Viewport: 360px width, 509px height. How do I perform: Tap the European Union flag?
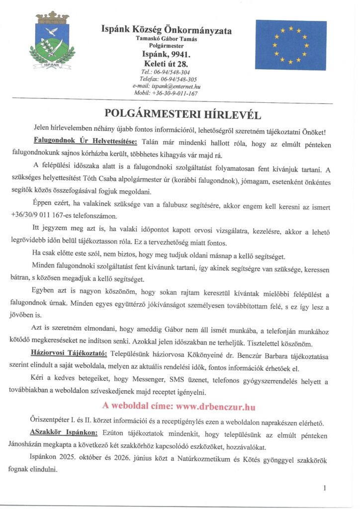coord(290,45)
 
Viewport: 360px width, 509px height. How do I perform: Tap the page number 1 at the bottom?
coord(324,488)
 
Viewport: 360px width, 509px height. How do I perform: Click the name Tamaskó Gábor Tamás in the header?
coord(166,39)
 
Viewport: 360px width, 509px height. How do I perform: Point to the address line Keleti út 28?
coord(166,64)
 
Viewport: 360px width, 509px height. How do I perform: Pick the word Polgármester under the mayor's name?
coord(166,46)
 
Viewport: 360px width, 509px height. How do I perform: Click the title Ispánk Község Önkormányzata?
coord(166,30)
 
